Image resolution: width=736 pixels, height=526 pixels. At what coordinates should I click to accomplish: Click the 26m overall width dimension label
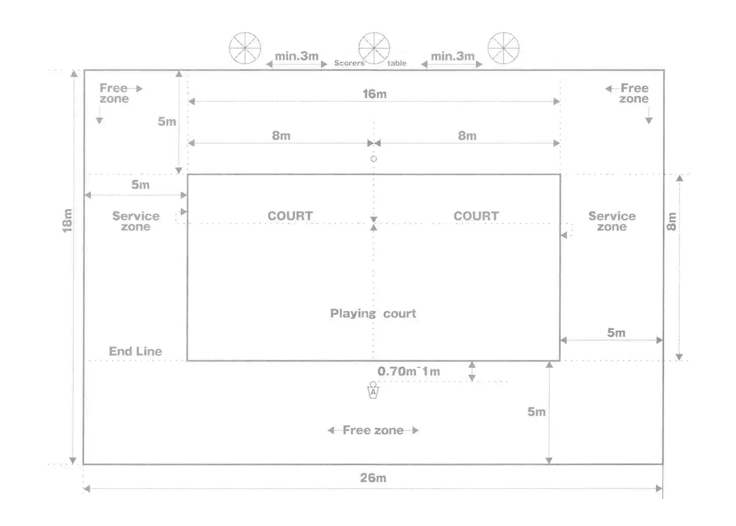pyautogui.click(x=373, y=478)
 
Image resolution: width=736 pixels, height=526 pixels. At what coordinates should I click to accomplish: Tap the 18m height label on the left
pyautogui.click(x=67, y=220)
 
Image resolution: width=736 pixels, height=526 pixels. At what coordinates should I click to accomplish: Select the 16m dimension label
pyautogui.click(x=375, y=94)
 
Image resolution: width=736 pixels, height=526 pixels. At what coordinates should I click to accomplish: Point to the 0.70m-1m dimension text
pyautogui.click(x=409, y=371)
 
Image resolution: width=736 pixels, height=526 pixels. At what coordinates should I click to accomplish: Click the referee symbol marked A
pyautogui.click(x=373, y=391)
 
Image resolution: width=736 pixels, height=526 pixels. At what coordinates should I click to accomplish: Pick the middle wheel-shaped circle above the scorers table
pyautogui.click(x=374, y=48)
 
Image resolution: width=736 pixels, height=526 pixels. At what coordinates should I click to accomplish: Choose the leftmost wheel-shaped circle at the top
pyautogui.click(x=245, y=48)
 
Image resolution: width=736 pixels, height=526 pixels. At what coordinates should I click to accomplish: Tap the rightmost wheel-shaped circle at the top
pyautogui.click(x=503, y=48)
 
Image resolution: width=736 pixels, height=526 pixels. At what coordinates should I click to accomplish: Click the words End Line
pyautogui.click(x=135, y=351)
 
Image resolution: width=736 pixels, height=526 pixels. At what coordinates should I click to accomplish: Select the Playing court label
pyautogui.click(x=373, y=313)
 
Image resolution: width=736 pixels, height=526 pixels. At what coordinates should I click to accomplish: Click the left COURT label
pyautogui.click(x=290, y=216)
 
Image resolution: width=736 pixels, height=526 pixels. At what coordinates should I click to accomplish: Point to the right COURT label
pyautogui.click(x=476, y=216)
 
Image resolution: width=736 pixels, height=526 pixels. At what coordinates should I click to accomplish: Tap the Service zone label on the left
pyautogui.click(x=136, y=221)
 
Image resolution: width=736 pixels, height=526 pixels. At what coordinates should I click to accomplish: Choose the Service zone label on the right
pyautogui.click(x=612, y=221)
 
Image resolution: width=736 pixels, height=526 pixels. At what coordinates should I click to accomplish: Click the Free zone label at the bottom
pyautogui.click(x=373, y=430)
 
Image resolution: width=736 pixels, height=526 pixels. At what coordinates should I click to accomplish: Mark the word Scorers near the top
pyautogui.click(x=349, y=63)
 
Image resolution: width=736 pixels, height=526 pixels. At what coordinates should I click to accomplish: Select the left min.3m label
pyautogui.click(x=297, y=56)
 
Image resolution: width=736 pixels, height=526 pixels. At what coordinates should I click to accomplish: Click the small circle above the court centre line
pyautogui.click(x=374, y=159)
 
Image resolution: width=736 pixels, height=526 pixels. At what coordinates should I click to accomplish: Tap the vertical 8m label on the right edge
pyautogui.click(x=671, y=221)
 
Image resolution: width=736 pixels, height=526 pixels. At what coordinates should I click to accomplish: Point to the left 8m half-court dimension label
pyautogui.click(x=281, y=135)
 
